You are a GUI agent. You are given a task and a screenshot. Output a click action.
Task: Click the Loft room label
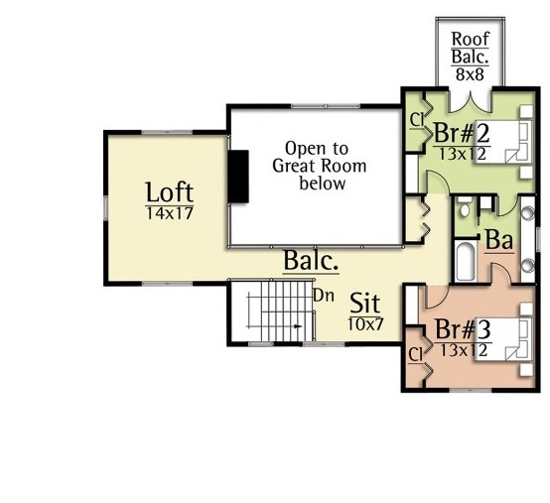click(170, 192)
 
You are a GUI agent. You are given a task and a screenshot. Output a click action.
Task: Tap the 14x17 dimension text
click(170, 213)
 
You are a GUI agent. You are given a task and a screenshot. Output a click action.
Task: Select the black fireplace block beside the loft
click(238, 177)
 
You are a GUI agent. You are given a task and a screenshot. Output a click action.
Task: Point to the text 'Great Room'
click(320, 166)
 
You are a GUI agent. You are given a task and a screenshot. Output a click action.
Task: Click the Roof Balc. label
click(470, 48)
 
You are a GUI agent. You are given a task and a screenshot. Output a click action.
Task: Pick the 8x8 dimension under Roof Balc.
click(470, 74)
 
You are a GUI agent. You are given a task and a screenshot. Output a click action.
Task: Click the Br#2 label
click(462, 133)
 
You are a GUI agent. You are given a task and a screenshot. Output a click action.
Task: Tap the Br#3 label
click(463, 329)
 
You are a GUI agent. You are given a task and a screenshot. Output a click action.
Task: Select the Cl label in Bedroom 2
click(417, 121)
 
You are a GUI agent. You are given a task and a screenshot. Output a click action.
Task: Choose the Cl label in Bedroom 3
click(416, 355)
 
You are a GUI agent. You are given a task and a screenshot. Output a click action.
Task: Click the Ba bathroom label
click(499, 240)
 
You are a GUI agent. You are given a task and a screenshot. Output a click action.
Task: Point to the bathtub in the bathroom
click(466, 262)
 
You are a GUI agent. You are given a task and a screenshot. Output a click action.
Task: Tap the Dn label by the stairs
click(324, 296)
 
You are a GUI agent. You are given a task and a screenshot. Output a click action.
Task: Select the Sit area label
click(365, 304)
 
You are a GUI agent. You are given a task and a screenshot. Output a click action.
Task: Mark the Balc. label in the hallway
click(311, 261)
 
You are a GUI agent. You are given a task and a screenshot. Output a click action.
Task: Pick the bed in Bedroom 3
click(502, 339)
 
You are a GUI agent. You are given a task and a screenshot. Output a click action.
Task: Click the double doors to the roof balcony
click(470, 102)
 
